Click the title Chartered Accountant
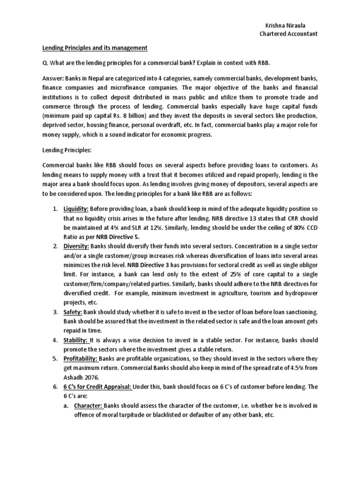289,34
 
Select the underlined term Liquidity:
76,208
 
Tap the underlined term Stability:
76,340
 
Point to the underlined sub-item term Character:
89,406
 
